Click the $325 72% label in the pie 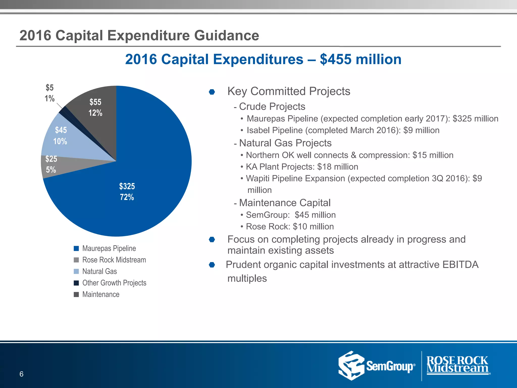click(127, 192)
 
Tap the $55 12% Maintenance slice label click(95, 107)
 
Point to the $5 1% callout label click(50, 93)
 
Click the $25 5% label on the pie click(51, 164)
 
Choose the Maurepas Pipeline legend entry click(109, 248)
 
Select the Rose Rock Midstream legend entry click(114, 260)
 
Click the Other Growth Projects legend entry click(114, 283)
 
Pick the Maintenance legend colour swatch click(76, 295)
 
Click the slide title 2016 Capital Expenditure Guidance click(139, 35)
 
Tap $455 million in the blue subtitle click(360, 59)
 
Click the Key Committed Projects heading click(289, 91)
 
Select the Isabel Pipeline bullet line click(343, 130)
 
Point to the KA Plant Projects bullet click(302, 167)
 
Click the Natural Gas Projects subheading click(285, 143)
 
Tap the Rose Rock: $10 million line click(290, 227)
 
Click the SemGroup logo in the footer click(376, 366)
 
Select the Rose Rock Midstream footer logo click(457, 365)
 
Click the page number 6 click(21, 374)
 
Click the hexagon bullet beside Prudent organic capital click(212, 265)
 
